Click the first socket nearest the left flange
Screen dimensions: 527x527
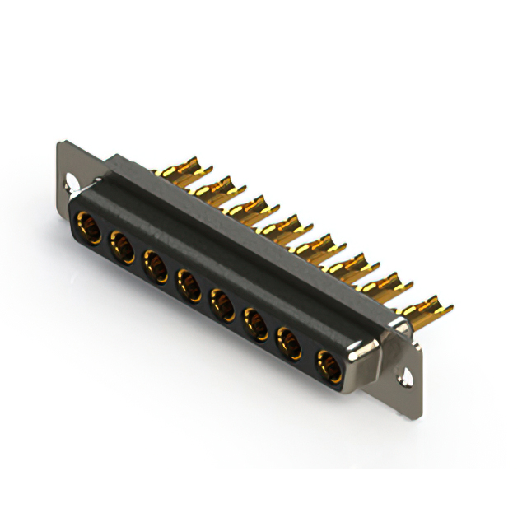88,227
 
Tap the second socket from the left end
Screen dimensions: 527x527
122,246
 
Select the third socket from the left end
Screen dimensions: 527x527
155,265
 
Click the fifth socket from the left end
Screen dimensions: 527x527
222,303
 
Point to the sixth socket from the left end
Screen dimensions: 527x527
256,322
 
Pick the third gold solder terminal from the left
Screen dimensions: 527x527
246,206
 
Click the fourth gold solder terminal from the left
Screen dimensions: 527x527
280,225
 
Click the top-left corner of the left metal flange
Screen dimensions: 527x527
60,144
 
